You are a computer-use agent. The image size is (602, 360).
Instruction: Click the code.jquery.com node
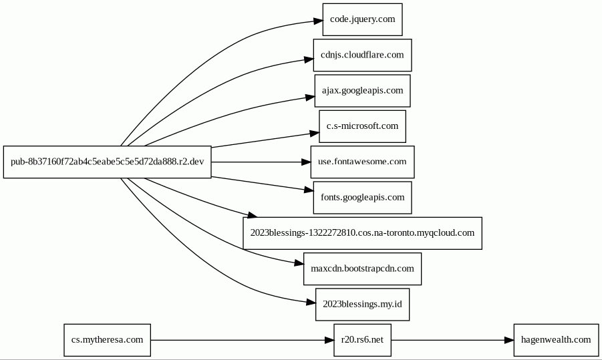tap(362, 19)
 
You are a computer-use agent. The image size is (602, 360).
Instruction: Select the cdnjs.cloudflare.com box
tap(362, 55)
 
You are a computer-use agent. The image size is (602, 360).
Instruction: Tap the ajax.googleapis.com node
tap(362, 91)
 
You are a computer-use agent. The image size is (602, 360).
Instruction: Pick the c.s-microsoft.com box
tap(362, 126)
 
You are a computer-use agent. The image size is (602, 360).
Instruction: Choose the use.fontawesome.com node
tap(362, 162)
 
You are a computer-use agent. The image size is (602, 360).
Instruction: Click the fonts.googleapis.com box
tap(362, 198)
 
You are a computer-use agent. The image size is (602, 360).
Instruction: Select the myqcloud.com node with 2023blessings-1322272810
tap(362, 233)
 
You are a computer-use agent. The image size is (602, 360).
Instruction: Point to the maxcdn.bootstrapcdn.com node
tap(362, 268)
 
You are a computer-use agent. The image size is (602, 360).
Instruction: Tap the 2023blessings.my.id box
tap(362, 305)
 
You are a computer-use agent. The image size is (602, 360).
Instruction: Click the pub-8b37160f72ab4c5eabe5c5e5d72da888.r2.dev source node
tap(107, 162)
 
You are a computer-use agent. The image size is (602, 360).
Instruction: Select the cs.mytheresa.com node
tap(107, 340)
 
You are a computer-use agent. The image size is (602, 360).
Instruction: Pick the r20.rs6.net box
tap(362, 340)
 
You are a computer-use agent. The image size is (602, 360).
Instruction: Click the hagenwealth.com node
tap(556, 340)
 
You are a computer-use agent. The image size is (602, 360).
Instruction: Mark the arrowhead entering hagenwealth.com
tap(509, 340)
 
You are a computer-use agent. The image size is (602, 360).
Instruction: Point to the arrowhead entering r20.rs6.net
tap(329, 340)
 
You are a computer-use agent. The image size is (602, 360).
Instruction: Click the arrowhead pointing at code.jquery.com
tap(318, 21)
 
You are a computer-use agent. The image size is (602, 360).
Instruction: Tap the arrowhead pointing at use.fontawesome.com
tap(306, 162)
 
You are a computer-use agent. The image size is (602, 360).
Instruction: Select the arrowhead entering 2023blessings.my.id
tap(311, 303)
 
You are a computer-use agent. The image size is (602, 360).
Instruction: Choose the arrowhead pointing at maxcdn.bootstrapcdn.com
tap(299, 263)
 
